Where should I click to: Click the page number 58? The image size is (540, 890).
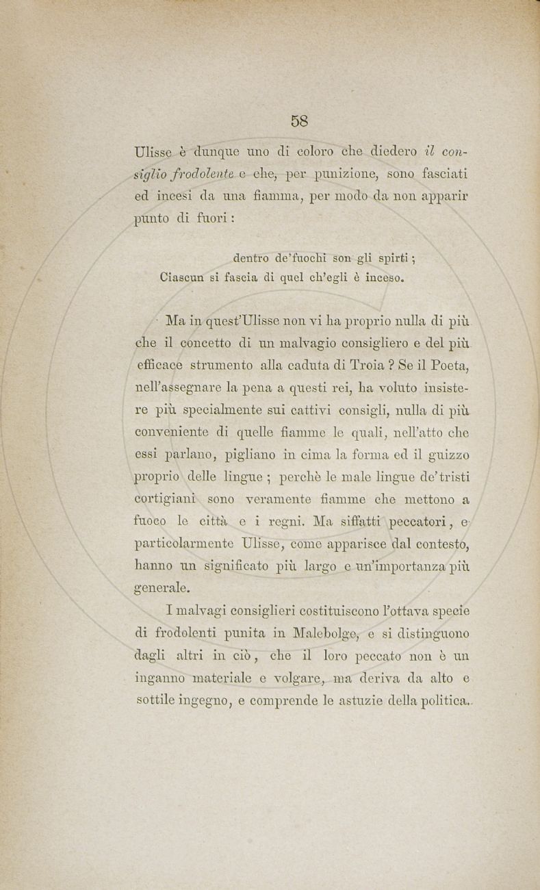point(299,121)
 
